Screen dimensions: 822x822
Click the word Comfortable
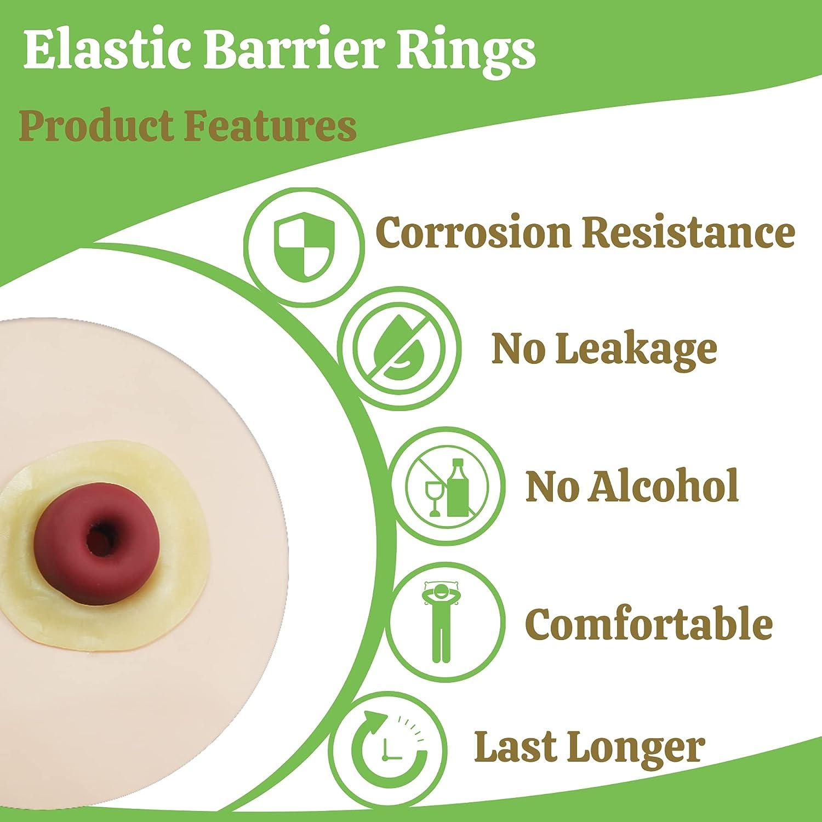pyautogui.click(x=649, y=623)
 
